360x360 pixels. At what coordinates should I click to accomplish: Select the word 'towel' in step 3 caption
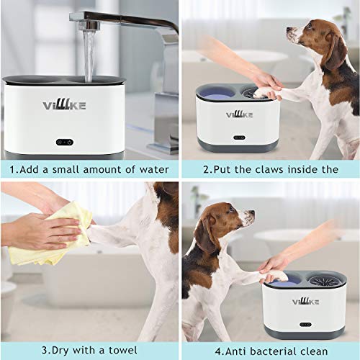point(123,350)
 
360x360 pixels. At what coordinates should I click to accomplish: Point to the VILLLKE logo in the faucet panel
point(64,105)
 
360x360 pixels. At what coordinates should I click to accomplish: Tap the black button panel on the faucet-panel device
point(65,143)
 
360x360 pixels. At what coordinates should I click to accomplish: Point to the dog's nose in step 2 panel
point(289,30)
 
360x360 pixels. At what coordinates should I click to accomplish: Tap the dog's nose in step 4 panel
point(251,212)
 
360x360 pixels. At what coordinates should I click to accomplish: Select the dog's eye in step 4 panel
point(231,210)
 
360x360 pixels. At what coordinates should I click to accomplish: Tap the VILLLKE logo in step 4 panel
point(305,302)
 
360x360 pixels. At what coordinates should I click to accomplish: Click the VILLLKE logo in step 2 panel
point(239,114)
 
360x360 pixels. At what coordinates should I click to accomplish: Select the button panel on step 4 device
point(305,325)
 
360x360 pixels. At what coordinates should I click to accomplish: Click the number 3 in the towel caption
point(45,351)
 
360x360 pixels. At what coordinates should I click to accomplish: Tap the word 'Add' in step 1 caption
point(30,169)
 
